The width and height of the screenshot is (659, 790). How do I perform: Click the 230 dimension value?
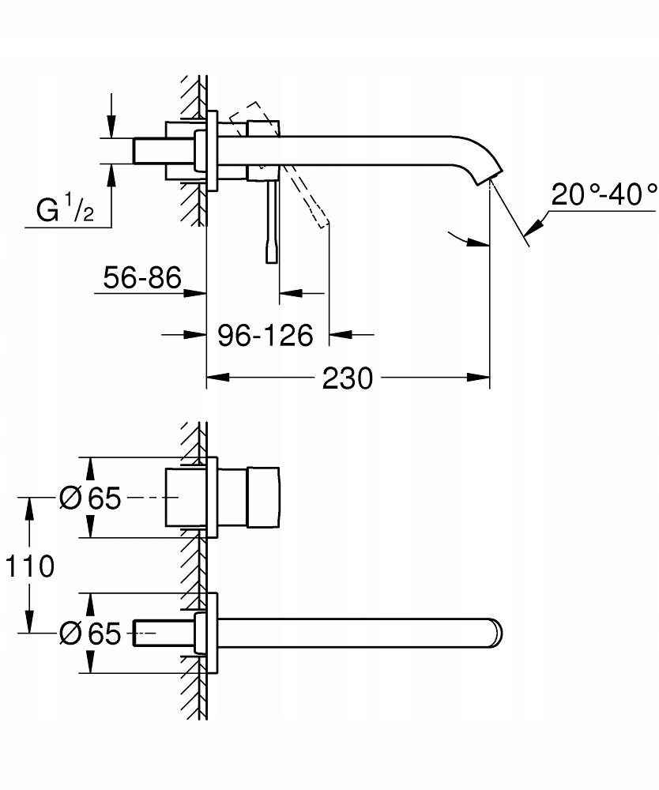click(347, 378)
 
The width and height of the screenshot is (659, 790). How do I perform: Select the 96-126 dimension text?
click(265, 335)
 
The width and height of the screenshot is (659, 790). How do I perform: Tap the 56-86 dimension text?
click(142, 277)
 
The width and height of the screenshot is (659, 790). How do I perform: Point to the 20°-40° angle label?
click(604, 194)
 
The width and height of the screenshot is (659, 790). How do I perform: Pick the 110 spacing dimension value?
click(29, 566)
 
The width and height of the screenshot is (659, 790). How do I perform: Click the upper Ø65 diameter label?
click(90, 498)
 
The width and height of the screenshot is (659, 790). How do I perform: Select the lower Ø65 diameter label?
click(90, 633)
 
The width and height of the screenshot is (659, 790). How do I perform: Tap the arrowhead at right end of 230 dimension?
click(481, 378)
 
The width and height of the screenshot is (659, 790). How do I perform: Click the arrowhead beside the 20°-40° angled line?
click(532, 227)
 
